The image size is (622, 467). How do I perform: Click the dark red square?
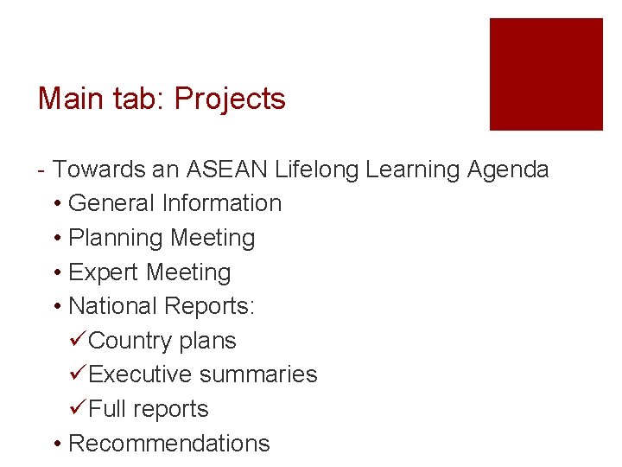[546, 74]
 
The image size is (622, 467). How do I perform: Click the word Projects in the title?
[229, 99]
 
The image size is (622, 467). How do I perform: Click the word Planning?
[116, 238]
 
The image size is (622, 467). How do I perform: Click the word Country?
[130, 341]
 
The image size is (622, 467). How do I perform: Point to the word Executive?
[140, 374]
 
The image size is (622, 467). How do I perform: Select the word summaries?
[258, 374]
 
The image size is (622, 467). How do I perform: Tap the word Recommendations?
[168, 444]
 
